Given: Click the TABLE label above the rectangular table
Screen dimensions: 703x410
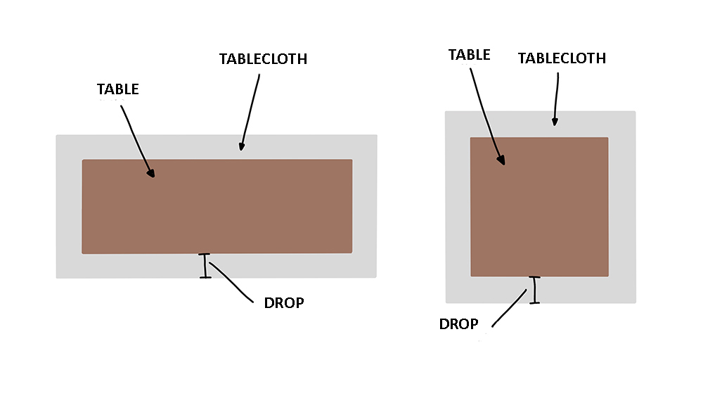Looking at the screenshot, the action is (x=118, y=89).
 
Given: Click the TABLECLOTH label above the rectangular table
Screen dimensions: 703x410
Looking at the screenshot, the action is (x=263, y=59).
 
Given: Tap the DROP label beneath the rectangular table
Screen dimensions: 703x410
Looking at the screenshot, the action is (x=284, y=303).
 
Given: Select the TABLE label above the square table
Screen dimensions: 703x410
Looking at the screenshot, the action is (x=470, y=55).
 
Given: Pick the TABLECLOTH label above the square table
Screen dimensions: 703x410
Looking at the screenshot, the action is (x=562, y=58).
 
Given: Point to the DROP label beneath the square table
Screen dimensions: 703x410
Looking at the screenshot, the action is (x=458, y=324).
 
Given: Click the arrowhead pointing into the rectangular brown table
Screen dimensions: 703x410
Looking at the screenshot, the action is (x=151, y=173).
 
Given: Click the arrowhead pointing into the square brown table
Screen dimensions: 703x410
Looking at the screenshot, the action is (x=501, y=160).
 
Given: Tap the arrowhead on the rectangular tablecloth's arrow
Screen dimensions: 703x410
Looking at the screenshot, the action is (x=242, y=146).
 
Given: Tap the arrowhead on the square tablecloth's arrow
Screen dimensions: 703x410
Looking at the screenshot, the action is (x=555, y=122).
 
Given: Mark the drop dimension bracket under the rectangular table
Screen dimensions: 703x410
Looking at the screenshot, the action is (x=205, y=266).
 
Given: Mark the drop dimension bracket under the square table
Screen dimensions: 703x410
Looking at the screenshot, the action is (x=534, y=290).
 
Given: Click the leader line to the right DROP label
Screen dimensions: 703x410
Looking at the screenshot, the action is (x=509, y=309).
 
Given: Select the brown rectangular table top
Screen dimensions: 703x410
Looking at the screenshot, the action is (x=217, y=206).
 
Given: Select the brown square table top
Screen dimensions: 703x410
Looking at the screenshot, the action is (x=539, y=207).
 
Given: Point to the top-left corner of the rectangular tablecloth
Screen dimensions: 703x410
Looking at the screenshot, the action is (x=56, y=135).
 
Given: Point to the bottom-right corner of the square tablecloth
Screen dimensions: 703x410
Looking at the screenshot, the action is (x=636, y=303).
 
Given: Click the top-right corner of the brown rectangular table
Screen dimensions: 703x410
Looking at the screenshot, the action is (x=352, y=159).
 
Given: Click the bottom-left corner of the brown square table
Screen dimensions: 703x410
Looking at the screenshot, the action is (x=470, y=276).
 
